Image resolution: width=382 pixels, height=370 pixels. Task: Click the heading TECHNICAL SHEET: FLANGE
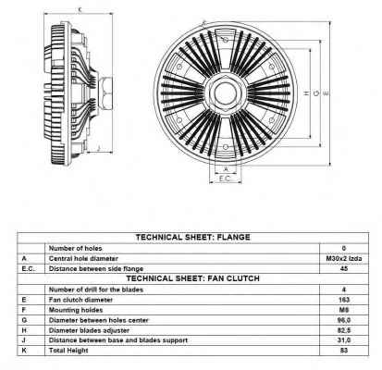pyautogui.click(x=193, y=238)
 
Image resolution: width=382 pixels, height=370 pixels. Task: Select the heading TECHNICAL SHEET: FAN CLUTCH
pyautogui.click(x=193, y=278)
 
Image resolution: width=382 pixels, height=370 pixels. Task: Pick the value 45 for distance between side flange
pyautogui.click(x=344, y=268)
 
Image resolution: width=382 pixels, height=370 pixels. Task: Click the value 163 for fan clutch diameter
pyautogui.click(x=344, y=300)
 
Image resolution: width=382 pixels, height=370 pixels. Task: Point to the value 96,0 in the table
pyautogui.click(x=344, y=320)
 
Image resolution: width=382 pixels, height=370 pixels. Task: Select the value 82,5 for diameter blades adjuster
pyautogui.click(x=344, y=330)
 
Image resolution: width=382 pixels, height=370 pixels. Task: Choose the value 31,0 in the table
pyautogui.click(x=344, y=340)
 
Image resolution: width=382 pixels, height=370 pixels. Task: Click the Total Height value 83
pyautogui.click(x=344, y=351)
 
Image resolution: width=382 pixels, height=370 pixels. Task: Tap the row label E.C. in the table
pyautogui.click(x=29, y=269)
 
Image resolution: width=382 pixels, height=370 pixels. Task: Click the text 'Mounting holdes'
pyautogui.click(x=76, y=310)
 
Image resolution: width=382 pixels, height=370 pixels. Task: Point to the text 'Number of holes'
pyautogui.click(x=75, y=248)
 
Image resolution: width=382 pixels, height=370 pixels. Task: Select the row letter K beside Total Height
pyautogui.click(x=24, y=351)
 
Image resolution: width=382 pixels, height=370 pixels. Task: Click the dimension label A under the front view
pyautogui.click(x=226, y=169)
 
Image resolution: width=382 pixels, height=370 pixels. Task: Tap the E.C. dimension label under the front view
pyautogui.click(x=225, y=179)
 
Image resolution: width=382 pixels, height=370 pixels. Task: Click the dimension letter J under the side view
pyautogui.click(x=99, y=148)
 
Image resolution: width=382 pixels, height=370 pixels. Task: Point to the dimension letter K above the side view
pyautogui.click(x=80, y=10)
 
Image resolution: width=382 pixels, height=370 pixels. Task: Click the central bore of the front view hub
pyautogui.click(x=226, y=92)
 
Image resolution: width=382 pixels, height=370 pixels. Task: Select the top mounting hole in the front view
pyautogui.click(x=226, y=40)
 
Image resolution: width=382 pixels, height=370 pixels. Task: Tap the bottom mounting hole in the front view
pyautogui.click(x=226, y=147)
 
